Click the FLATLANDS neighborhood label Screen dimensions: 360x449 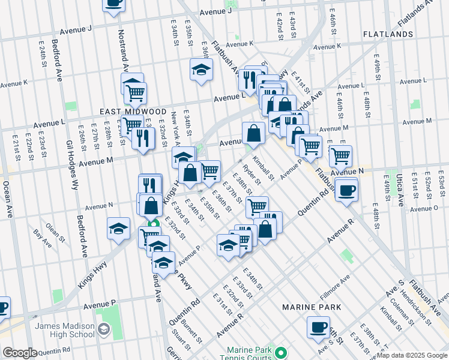point(388,34)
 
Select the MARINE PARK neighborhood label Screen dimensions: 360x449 point(312,307)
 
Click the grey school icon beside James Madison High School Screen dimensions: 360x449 point(104,329)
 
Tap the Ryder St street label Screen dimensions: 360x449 point(252,175)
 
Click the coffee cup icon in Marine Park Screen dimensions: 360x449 point(318,327)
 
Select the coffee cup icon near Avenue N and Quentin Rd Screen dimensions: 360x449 point(346,190)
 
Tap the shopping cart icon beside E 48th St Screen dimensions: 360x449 point(340,155)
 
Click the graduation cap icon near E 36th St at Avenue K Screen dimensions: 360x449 point(202,69)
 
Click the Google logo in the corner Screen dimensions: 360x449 point(20,353)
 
